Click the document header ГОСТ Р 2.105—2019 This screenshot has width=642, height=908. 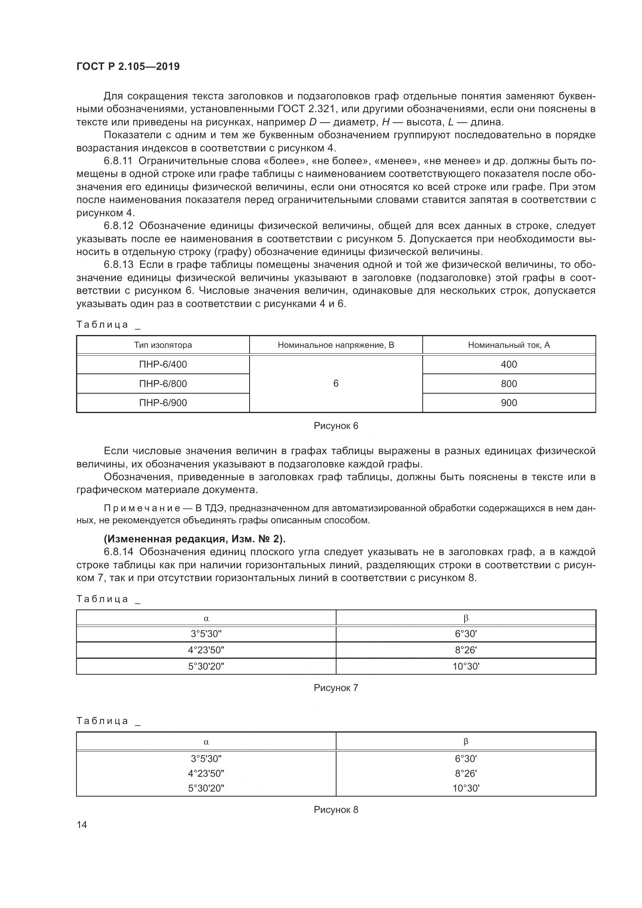pos(128,66)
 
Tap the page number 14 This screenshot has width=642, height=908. pos(82,825)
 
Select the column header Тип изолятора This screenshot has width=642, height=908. pos(163,345)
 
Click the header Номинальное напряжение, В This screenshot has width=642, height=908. pos(336,345)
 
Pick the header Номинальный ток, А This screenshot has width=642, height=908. pos(509,345)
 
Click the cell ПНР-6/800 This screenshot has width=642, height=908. pos(163,384)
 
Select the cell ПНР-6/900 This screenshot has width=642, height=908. pos(163,403)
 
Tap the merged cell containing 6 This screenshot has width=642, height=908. pos(336,383)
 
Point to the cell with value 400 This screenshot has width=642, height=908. pos(509,364)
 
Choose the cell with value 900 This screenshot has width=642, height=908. pos(509,403)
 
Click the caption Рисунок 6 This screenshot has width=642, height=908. pos(336,426)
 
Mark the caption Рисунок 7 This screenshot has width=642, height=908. pos(336,688)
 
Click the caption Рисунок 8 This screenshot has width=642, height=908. pos(336,809)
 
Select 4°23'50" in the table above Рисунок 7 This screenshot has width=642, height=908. pos(206,650)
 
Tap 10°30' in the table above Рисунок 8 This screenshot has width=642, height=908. pos(466,788)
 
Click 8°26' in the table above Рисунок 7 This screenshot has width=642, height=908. pos(466,650)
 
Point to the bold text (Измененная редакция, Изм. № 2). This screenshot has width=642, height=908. pos(194,539)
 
